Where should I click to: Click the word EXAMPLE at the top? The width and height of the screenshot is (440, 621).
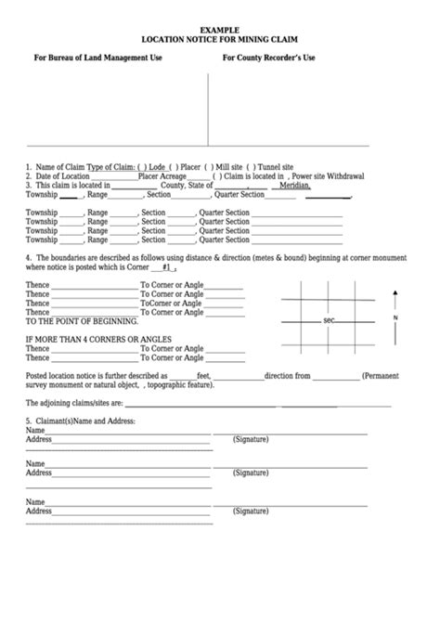220,31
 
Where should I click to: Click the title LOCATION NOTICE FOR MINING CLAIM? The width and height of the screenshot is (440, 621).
220,41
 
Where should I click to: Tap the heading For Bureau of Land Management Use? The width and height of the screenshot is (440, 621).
98,58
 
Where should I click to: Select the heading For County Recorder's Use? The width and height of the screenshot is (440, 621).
268,58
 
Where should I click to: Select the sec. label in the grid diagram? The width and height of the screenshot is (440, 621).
329,321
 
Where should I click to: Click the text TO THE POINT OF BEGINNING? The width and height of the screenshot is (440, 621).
81,320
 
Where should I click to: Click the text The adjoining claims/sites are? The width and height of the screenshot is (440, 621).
73,404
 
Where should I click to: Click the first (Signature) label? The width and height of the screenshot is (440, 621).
251,438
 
